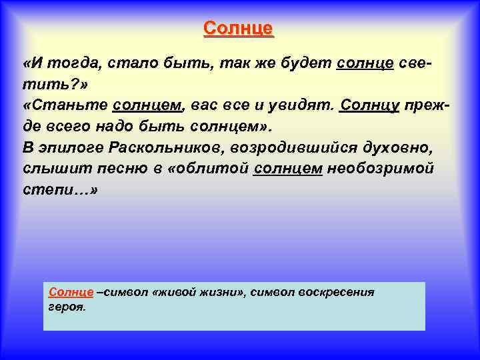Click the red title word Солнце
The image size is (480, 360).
pyautogui.click(x=239, y=29)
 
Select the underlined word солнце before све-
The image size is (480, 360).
pyautogui.click(x=366, y=63)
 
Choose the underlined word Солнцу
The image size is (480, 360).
pyautogui.click(x=369, y=105)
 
